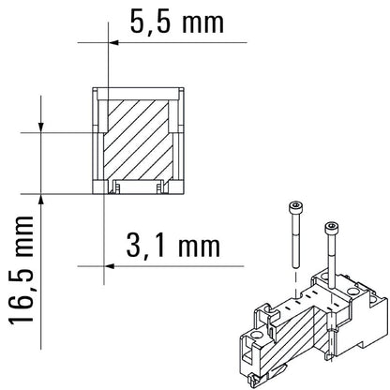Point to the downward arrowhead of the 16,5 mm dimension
42,126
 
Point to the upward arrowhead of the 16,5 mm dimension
42,200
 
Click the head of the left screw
297,207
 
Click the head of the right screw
329,226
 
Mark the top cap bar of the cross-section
137,91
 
